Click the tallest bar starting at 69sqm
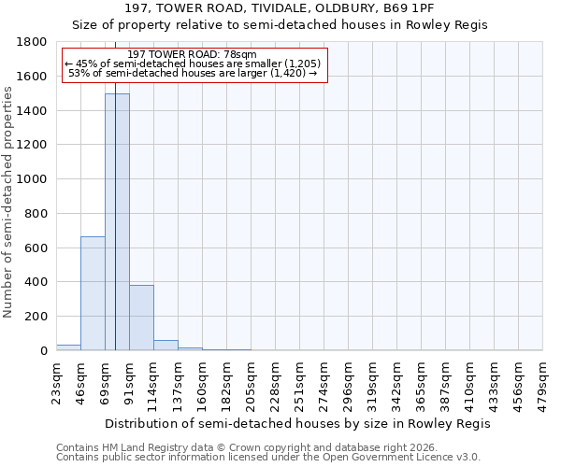117,222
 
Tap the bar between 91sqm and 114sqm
141,318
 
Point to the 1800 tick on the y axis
36,42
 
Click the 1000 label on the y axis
36,179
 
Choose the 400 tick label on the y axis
38,282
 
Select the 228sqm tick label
275,383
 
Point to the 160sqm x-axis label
202,383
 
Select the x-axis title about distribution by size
297,423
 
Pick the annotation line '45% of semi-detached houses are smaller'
194,64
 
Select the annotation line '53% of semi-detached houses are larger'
194,73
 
